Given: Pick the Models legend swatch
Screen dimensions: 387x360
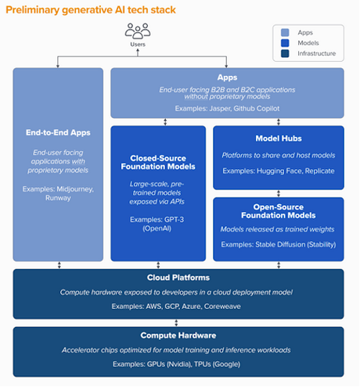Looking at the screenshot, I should pyautogui.click(x=285, y=44).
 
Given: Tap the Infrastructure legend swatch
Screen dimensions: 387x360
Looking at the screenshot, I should pyautogui.click(x=285, y=54).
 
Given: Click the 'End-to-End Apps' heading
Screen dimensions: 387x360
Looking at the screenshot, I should pyautogui.click(x=58, y=132).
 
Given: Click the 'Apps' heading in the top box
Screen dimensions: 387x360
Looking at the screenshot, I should pyautogui.click(x=227, y=78).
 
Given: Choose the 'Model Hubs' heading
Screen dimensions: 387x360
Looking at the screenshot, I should pyautogui.click(x=278, y=137).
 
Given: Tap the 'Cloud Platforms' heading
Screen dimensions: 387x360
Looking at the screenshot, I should pyautogui.click(x=179, y=278).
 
